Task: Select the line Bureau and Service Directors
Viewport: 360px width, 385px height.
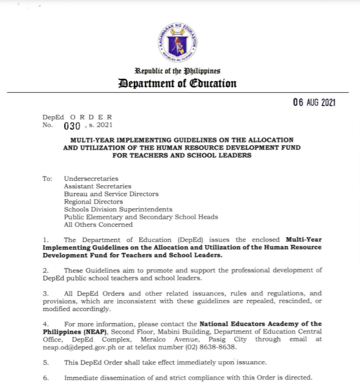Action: tap(111, 194)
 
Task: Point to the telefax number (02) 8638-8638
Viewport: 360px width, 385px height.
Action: tap(208, 348)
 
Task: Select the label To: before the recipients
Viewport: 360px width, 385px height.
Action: tap(47, 178)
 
